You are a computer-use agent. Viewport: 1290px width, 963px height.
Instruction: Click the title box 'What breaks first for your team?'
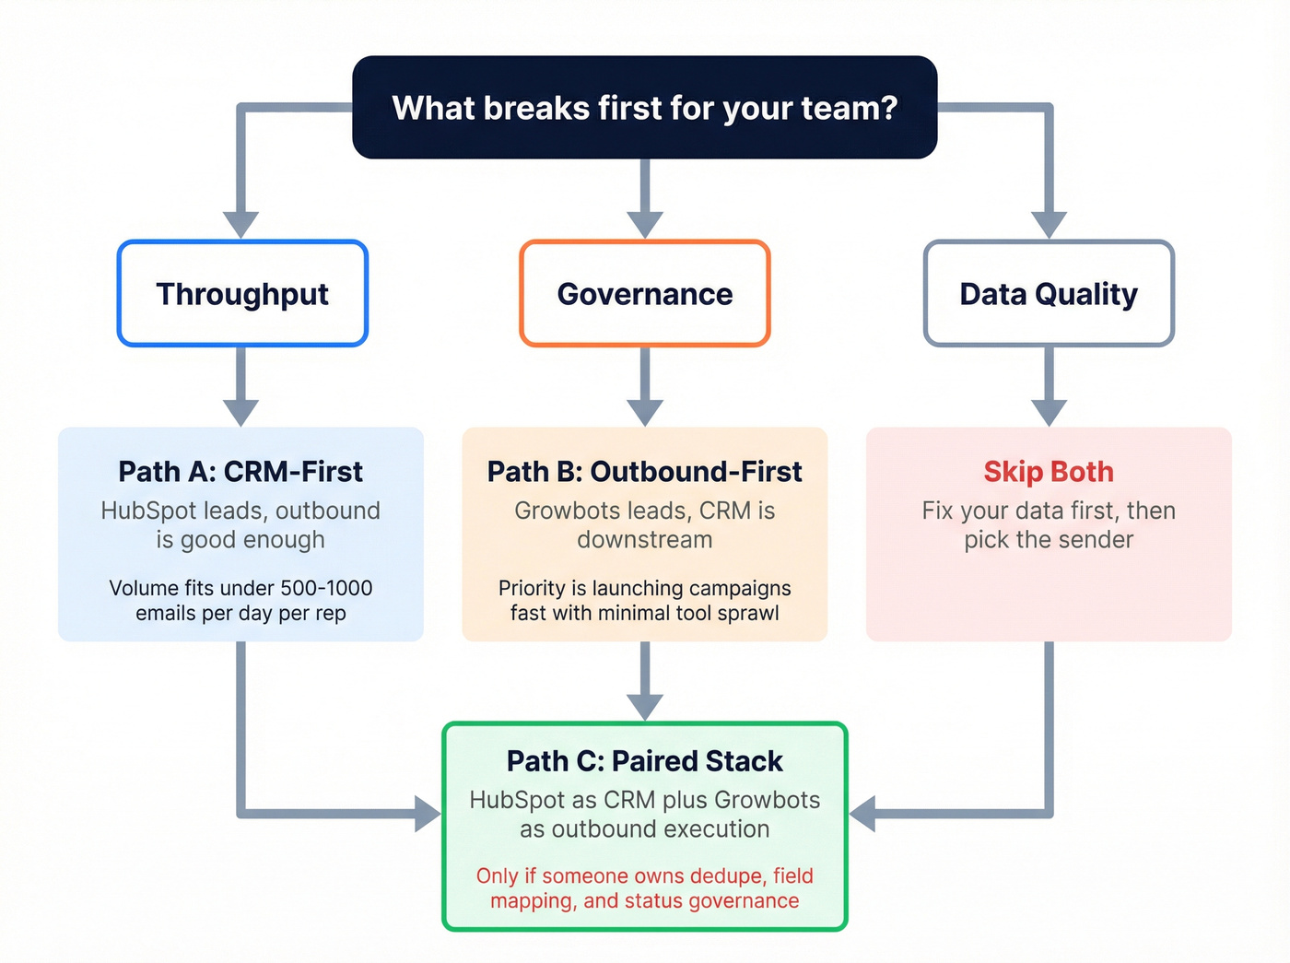(x=645, y=108)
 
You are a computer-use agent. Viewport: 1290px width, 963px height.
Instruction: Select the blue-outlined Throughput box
(x=242, y=294)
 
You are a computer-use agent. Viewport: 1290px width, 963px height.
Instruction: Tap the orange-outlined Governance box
(x=645, y=294)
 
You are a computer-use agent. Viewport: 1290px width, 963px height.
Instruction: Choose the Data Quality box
(x=1049, y=294)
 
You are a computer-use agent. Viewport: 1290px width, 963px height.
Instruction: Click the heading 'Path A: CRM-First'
(x=240, y=472)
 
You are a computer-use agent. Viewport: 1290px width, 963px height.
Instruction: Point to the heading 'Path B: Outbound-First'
(x=645, y=472)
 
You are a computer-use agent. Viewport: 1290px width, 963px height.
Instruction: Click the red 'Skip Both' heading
(x=1049, y=472)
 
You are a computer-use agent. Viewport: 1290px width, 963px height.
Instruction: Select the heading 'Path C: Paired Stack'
(x=645, y=761)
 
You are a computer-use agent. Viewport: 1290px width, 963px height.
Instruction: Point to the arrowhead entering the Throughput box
(x=241, y=224)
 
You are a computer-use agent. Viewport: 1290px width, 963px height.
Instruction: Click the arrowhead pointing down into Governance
(x=645, y=224)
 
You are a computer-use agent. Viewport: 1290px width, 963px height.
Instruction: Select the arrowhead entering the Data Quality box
(x=1049, y=224)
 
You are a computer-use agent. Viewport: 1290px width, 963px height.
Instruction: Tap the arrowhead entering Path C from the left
(x=428, y=814)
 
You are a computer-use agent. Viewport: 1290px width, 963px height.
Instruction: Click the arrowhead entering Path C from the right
(x=862, y=814)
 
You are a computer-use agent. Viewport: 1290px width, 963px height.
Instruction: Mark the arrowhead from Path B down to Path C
(x=645, y=706)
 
